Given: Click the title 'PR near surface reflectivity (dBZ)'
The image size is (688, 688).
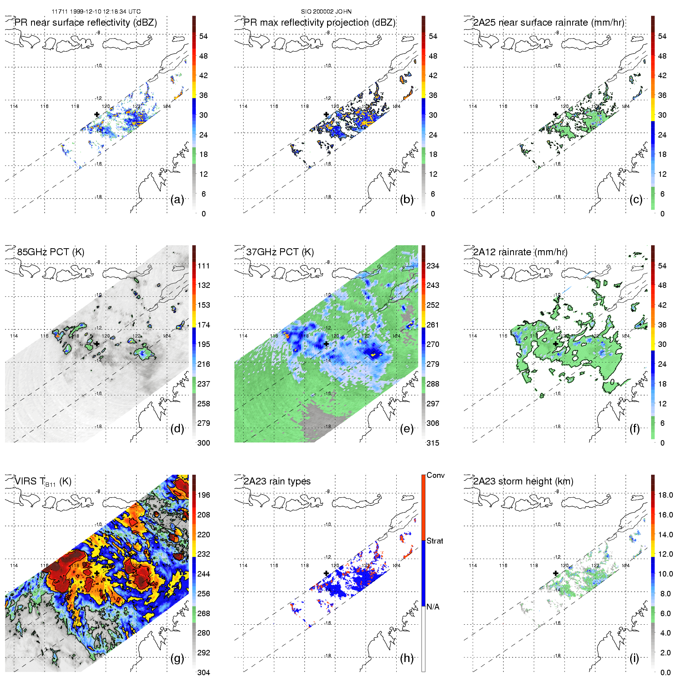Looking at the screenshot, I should pos(85,23).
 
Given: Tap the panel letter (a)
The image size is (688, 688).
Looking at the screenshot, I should pos(177,200).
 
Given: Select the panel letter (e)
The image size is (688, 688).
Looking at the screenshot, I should pos(407,429).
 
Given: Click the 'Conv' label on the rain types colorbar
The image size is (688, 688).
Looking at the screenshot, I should pos(435,476).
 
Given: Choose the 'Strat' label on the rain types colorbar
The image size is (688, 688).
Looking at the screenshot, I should pos(435,541).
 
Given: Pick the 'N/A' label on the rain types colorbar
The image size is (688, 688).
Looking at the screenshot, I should pos(433,607).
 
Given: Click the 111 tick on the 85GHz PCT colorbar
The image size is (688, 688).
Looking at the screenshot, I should pos(204,266).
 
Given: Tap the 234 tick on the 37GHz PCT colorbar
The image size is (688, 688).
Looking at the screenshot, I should pos(433,266).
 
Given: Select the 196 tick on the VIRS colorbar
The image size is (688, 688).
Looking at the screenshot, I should pos(204,495).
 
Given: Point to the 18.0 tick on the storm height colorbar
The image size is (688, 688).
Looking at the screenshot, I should pos(665,495).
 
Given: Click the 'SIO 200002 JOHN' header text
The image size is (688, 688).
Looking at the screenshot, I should pos(326,12).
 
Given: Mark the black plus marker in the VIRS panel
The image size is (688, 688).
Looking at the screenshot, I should pos(97,573).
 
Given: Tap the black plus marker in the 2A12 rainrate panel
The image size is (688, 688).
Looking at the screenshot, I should pos(556,344).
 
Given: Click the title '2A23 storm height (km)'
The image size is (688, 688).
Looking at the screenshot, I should pos(523,481).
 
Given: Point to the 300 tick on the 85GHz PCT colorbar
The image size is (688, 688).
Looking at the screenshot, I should pos(204,443).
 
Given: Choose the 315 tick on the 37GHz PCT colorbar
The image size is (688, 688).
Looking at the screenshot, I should pos(433,443).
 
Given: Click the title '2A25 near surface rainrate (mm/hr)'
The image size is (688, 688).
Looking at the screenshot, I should pos(549,23).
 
